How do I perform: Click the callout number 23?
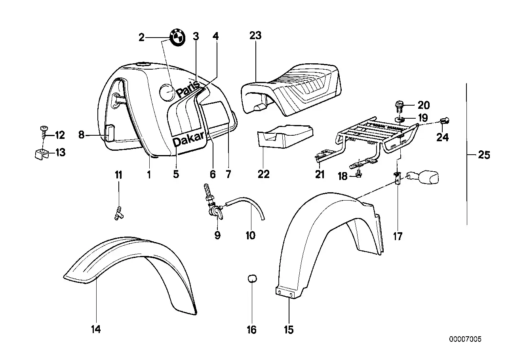click(x=255, y=36)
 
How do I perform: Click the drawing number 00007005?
click(x=465, y=339)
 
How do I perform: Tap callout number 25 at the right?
click(x=484, y=155)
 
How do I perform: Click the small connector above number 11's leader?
click(x=118, y=213)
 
